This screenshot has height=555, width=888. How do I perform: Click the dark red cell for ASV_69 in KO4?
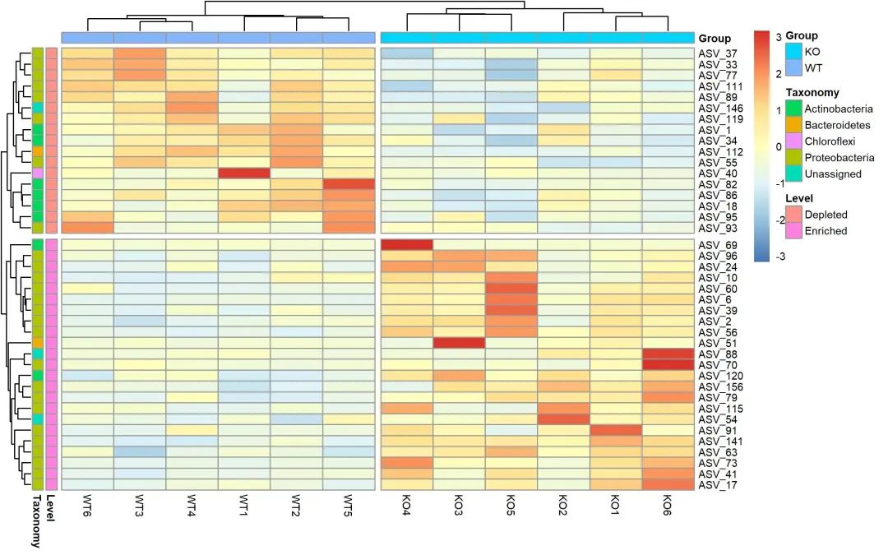click(x=407, y=245)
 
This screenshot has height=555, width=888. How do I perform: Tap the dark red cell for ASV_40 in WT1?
click(x=244, y=173)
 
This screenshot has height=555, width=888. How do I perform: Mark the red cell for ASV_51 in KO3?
click(x=459, y=342)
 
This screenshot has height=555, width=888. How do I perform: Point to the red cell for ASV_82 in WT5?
click(x=349, y=183)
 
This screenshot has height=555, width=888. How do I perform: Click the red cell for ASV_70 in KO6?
click(x=668, y=364)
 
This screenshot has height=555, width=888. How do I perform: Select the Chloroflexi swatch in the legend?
click(x=793, y=141)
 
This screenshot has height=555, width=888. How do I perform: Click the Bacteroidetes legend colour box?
click(x=793, y=125)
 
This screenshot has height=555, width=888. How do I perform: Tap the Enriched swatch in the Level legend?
click(x=793, y=231)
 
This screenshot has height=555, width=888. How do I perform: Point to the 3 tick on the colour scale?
click(x=779, y=36)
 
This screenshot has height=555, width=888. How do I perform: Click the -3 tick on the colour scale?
click(x=779, y=257)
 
